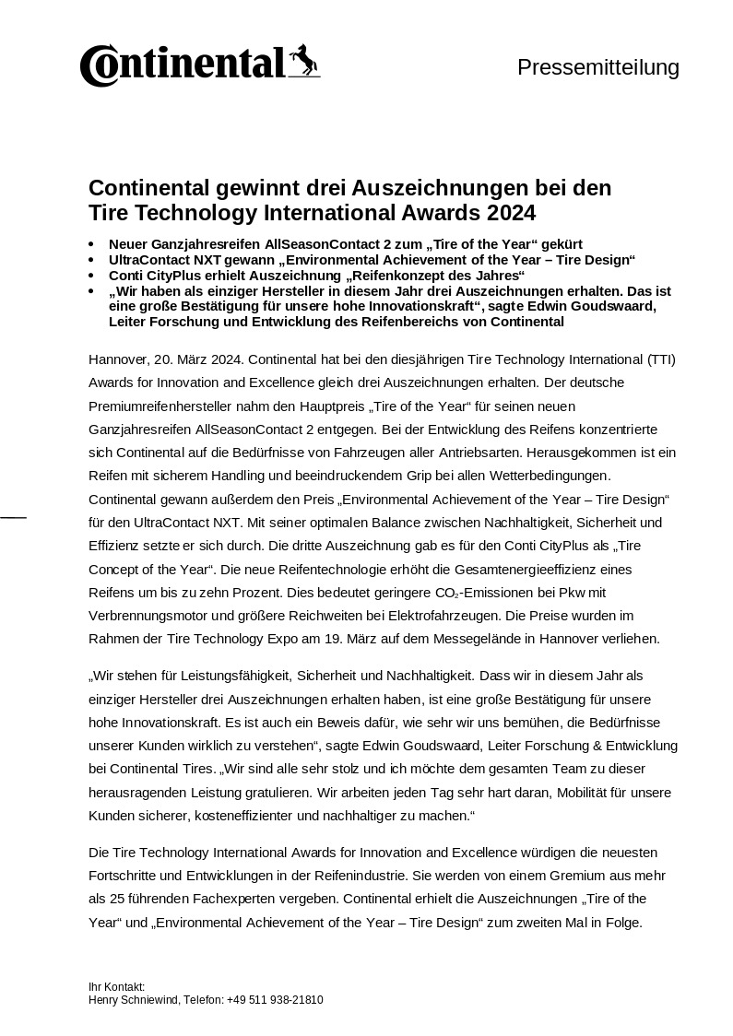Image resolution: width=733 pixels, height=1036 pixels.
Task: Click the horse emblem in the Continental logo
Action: click(302, 61)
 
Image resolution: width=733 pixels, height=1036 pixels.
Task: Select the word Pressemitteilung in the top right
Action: click(597, 67)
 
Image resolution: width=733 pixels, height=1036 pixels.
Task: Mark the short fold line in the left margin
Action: click(13, 518)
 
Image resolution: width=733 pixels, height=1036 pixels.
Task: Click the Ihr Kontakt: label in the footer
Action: click(117, 986)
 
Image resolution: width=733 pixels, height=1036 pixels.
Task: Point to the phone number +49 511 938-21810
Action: click(275, 999)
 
